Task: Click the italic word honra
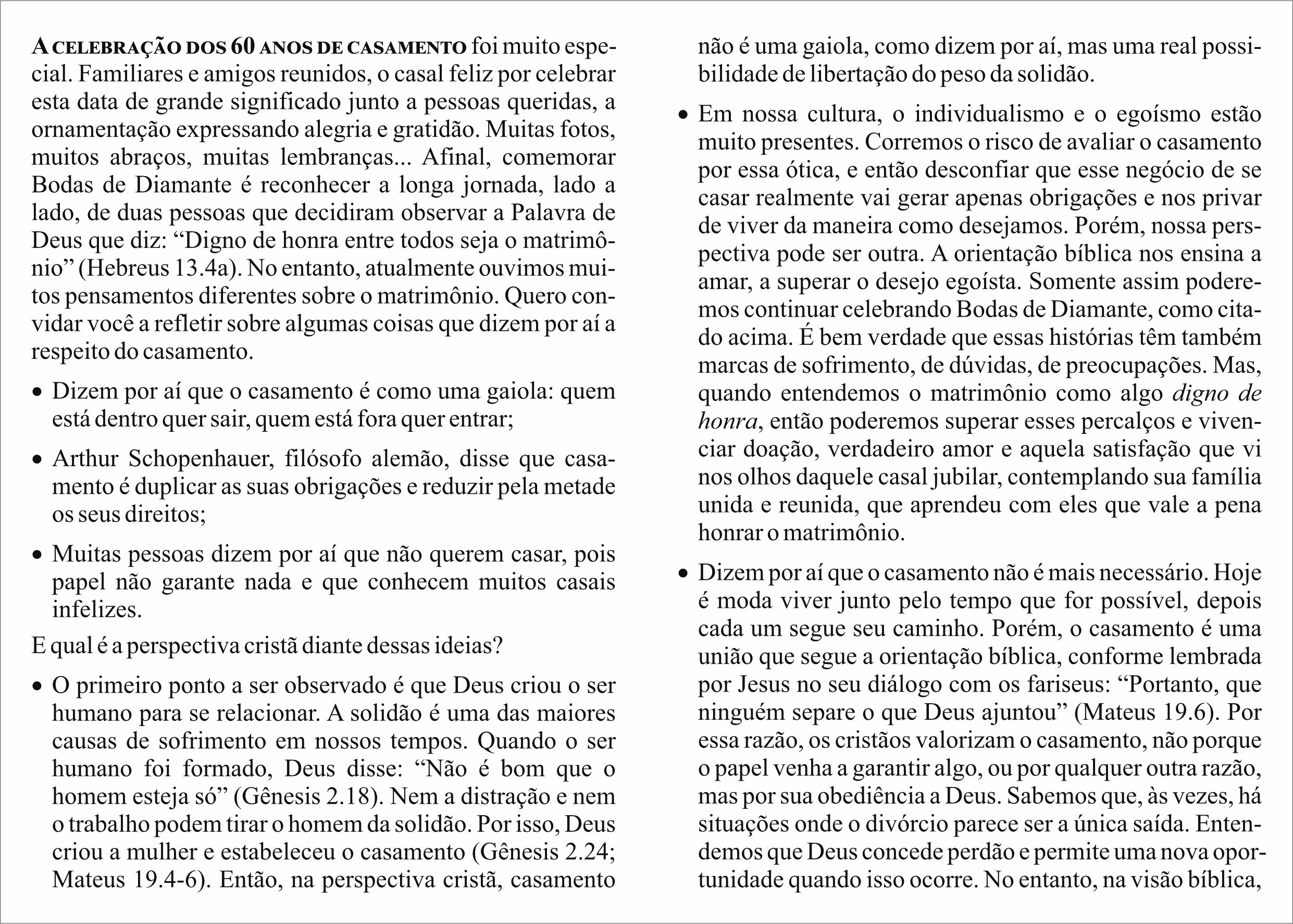[728, 421]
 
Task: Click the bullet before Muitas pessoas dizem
[38, 555]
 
